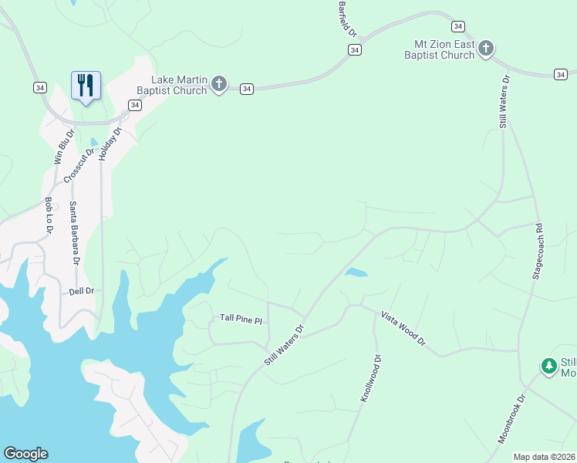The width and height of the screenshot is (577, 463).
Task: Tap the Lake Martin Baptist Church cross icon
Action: coord(219,84)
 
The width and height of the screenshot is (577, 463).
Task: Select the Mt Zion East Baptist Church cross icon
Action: coord(486,49)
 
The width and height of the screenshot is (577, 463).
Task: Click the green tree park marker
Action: coord(548,366)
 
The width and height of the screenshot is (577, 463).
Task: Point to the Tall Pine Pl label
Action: coord(241,318)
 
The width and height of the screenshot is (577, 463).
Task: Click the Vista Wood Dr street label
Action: coord(403,329)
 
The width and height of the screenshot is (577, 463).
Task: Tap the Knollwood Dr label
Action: coord(372,378)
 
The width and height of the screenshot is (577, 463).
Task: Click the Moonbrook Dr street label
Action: coord(511,420)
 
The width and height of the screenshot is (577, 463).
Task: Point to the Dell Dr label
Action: coord(81,291)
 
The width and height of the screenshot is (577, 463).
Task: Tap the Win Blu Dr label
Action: coord(64,147)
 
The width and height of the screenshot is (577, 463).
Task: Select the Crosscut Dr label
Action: coord(79,164)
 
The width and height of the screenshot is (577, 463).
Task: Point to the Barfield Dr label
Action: coord(348,19)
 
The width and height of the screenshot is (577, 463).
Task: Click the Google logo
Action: coord(25,454)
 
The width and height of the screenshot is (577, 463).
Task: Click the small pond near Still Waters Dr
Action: coord(356,272)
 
